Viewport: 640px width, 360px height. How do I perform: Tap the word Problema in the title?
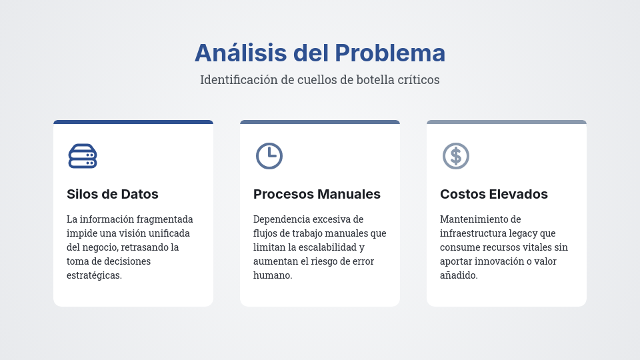[x=390, y=53]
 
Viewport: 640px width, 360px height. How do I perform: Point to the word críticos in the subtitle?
[x=418, y=80]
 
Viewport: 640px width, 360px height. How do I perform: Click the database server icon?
[x=83, y=156]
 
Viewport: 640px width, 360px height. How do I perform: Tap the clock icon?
[x=269, y=156]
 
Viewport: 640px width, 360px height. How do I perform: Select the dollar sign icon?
[x=456, y=156]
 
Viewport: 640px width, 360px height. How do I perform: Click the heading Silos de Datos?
[x=113, y=194]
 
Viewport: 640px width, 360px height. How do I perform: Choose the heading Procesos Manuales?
[x=317, y=194]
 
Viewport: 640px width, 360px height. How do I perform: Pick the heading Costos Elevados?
[x=494, y=194]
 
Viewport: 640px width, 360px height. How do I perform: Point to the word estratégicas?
[x=94, y=275]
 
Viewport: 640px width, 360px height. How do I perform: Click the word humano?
[x=273, y=275]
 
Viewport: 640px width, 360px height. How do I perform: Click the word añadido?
[x=459, y=275]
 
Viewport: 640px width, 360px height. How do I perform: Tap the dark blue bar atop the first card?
[x=133, y=122]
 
